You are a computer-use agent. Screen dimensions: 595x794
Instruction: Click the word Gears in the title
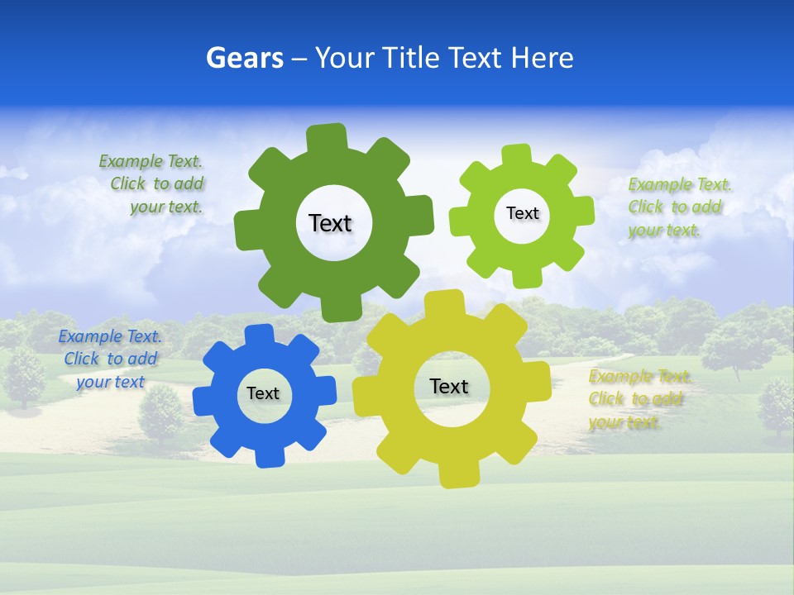click(x=245, y=58)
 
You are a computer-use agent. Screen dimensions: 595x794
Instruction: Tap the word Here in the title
click(x=542, y=58)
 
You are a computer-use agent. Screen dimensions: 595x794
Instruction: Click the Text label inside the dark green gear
click(x=330, y=223)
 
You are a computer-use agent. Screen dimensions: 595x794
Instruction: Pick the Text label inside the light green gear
click(x=522, y=213)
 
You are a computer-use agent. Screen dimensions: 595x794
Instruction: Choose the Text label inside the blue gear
click(x=263, y=393)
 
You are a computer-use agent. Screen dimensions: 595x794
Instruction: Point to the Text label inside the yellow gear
click(x=449, y=386)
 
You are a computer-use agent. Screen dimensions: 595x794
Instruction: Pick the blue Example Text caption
click(x=110, y=359)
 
